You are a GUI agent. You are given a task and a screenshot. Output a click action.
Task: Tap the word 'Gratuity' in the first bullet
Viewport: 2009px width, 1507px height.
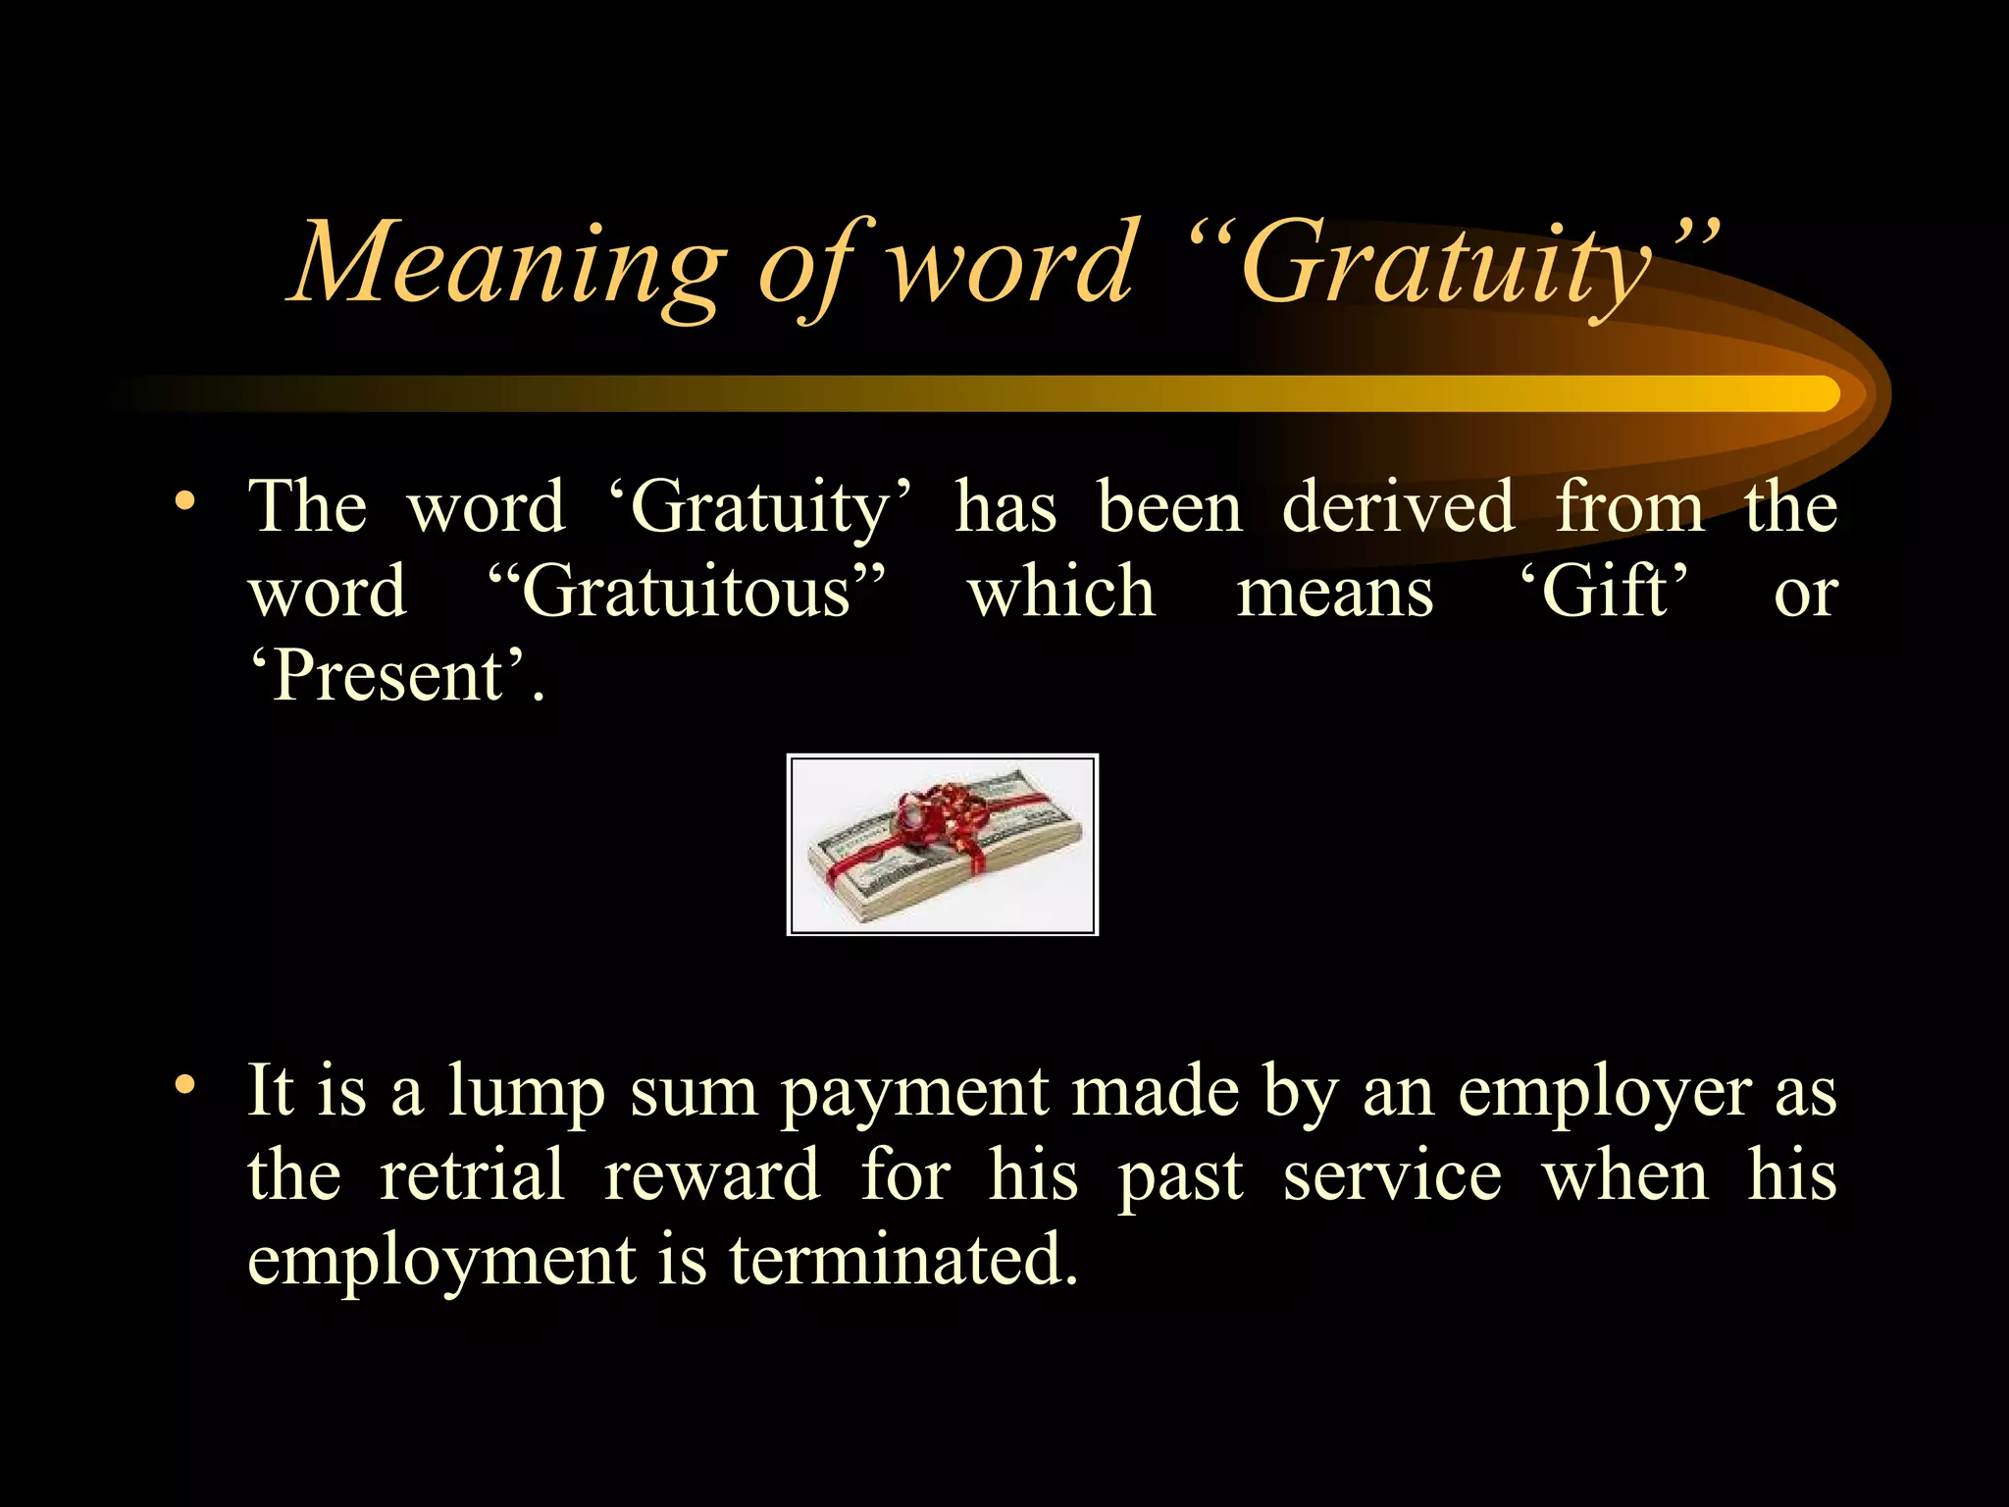point(759,508)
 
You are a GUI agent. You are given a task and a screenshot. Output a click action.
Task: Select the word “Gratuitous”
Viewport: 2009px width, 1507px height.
point(687,593)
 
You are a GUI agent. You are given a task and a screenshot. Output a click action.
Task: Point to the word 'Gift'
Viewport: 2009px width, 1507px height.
point(1605,593)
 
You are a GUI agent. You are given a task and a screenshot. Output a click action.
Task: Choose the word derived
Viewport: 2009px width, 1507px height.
point(1398,508)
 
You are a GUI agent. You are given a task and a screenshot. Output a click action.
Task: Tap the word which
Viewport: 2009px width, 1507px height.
point(1061,593)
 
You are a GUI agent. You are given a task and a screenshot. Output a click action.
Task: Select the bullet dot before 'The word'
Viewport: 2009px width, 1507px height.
point(185,502)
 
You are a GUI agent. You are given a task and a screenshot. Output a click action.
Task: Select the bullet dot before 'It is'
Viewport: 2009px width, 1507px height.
point(185,1085)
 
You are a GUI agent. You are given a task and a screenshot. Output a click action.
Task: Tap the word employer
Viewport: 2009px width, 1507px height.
point(1604,1093)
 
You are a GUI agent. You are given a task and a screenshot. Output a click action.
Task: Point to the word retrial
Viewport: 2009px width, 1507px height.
point(472,1175)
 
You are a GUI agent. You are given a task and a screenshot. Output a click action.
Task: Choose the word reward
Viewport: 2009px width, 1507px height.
point(711,1175)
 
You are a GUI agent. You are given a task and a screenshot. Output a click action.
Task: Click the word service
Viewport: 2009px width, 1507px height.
point(1392,1175)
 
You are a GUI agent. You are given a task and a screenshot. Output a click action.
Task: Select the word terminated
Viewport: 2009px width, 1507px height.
point(902,1260)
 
